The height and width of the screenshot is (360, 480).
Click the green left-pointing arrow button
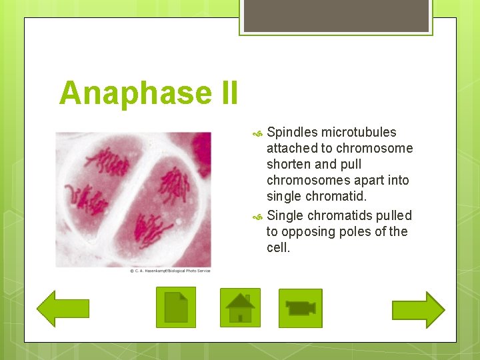(x=63, y=309)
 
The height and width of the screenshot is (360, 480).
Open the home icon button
(x=240, y=308)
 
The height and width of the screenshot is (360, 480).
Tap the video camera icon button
(x=300, y=308)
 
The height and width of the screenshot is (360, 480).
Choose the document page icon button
(x=176, y=307)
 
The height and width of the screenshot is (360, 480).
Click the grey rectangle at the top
(x=335, y=15)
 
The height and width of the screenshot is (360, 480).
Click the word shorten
(x=288, y=164)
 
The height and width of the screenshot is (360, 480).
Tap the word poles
(x=360, y=231)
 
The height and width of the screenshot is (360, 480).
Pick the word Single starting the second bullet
(x=285, y=215)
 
